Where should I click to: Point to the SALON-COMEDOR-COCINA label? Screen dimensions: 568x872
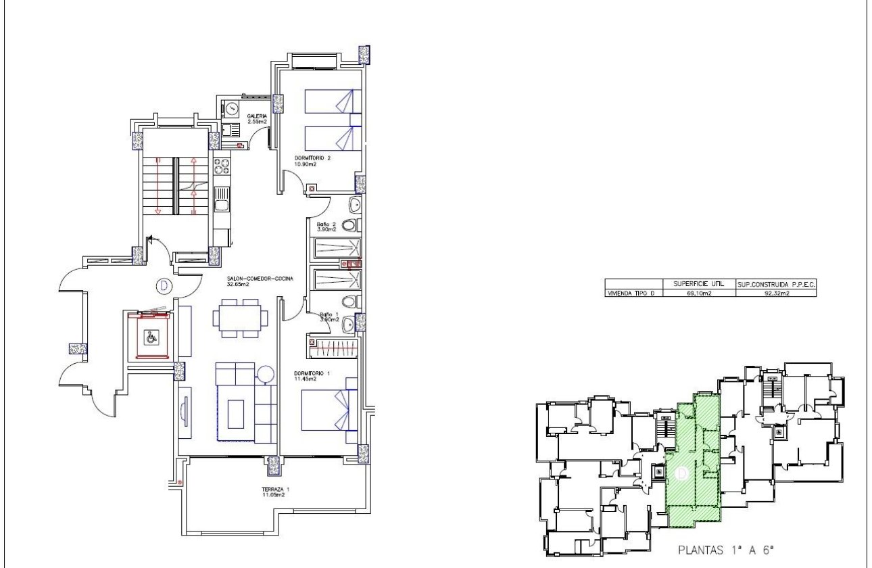(x=260, y=279)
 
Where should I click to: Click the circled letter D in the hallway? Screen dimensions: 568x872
(x=162, y=286)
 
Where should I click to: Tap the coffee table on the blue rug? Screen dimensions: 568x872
(x=236, y=413)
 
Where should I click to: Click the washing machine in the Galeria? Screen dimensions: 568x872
(x=231, y=108)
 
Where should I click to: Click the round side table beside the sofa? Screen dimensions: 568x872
(x=265, y=373)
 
